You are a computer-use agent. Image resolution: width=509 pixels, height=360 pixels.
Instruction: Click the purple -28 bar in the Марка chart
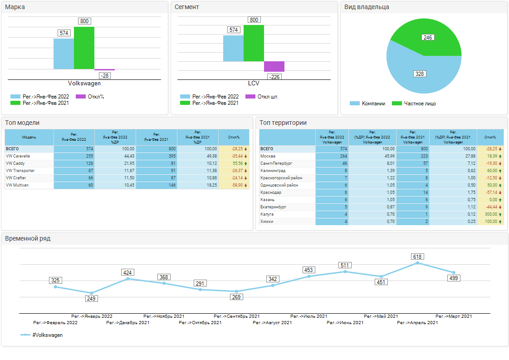coord(104,70)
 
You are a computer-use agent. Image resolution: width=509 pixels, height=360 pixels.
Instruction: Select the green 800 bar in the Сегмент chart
coord(254,43)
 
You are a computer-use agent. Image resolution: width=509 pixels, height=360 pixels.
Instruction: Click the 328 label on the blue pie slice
coord(420,74)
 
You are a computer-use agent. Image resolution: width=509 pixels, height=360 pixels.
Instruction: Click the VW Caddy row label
coord(15,163)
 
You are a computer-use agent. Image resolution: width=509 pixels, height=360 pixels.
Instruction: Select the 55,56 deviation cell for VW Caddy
coord(234,163)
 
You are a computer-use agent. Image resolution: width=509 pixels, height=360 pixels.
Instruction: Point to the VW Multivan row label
coord(17,185)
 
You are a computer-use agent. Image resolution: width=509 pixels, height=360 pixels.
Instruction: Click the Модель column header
coord(29,137)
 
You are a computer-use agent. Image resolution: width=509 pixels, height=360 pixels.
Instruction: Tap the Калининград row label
coord(273,171)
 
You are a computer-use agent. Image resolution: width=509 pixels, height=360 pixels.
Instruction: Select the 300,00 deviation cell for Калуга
coord(490,214)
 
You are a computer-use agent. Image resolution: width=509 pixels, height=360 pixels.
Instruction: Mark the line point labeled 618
coord(417,263)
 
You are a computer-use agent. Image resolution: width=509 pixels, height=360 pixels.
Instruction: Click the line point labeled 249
coord(92,293)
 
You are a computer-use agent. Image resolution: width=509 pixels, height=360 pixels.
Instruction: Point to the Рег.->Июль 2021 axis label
coord(308,316)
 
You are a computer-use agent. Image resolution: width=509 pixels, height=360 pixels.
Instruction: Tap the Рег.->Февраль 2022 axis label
coord(55,323)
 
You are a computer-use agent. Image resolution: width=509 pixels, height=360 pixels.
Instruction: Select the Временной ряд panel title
coord(28,238)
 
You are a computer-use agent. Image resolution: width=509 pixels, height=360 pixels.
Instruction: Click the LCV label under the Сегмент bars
coord(254,84)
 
